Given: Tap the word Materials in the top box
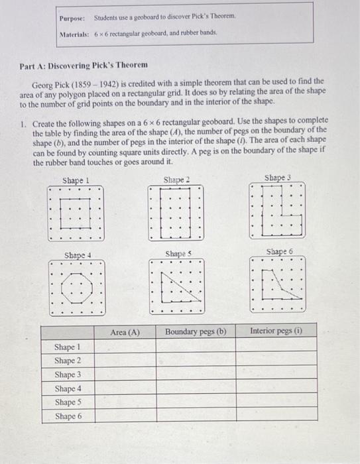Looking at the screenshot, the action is coord(74,32).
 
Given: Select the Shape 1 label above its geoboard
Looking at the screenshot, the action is coord(76,180).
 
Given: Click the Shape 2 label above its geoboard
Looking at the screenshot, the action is coord(176,180).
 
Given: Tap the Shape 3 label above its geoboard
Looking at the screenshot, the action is coord(277,178).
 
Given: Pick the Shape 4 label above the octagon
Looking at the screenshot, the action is coord(78,255).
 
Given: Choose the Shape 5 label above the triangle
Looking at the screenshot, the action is coord(178,254).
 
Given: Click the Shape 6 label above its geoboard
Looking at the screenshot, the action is coord(278,252).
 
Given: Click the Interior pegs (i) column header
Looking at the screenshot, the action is coord(276,331).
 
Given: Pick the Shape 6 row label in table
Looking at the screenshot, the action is coord(68,416).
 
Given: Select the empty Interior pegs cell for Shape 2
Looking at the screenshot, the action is coord(276,361).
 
